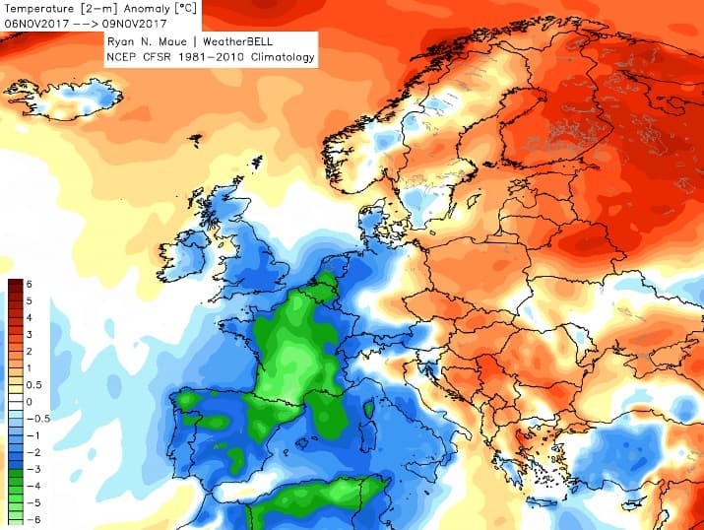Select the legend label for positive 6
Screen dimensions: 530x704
coord(30,285)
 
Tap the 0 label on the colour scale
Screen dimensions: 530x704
coord(30,402)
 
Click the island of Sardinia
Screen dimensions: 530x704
coord(367,443)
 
